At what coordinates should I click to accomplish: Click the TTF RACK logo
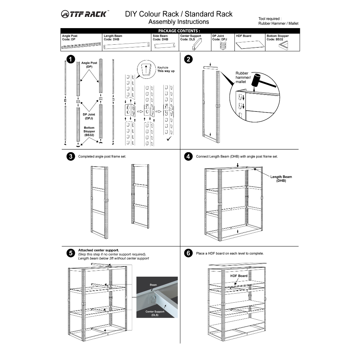tap(85, 14)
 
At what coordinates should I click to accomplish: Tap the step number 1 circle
tap(71, 59)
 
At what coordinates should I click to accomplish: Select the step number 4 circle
tap(188, 156)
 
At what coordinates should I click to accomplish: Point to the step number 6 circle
tap(188, 253)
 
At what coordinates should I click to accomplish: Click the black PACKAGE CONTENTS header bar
tap(180, 31)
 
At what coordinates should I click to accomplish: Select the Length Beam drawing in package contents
tap(127, 45)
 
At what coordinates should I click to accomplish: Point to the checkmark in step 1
tap(169, 140)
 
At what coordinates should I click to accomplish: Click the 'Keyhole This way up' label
tap(166, 69)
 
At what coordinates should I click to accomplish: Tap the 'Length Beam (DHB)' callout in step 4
tap(281, 179)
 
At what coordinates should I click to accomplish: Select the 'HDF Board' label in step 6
tap(239, 276)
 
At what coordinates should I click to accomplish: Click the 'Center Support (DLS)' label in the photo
tap(155, 313)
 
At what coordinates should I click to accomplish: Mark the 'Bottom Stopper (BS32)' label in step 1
tap(89, 131)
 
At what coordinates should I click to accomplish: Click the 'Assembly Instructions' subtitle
tap(179, 22)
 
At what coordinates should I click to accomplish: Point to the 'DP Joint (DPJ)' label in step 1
tap(89, 116)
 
